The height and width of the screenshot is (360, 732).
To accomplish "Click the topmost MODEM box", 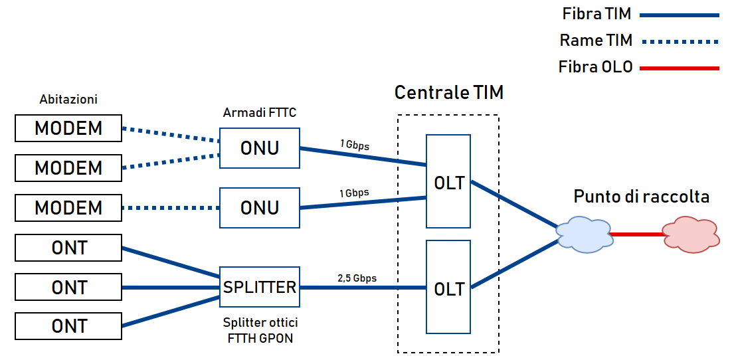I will (x=68, y=128).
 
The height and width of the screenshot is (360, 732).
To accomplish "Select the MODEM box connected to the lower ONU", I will (x=68, y=207).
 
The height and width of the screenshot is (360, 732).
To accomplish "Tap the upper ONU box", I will (x=260, y=148).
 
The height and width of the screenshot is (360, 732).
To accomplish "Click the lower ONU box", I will (x=260, y=207).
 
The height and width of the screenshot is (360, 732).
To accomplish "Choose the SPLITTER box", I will (x=260, y=287).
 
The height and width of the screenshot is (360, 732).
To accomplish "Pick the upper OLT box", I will (x=448, y=181).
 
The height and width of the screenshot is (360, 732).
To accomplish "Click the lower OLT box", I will (x=448, y=288).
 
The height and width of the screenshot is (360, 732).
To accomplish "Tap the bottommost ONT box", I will (x=68, y=326).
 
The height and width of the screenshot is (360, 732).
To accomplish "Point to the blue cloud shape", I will (x=583, y=234).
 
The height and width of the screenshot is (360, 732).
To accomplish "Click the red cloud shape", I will (x=691, y=234).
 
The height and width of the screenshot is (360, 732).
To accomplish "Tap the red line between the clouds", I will (x=636, y=234).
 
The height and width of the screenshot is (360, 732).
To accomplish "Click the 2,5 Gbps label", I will (x=357, y=278).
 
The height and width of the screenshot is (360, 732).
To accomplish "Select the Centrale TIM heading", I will (x=449, y=92).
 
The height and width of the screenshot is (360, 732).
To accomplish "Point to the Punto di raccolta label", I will (x=642, y=197).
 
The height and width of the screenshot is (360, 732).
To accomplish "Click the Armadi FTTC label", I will (x=260, y=113).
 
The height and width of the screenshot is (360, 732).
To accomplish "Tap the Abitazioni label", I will (x=68, y=100).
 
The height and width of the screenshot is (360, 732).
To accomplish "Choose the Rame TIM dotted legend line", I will (x=682, y=41).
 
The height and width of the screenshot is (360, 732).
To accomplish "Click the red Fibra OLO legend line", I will (x=682, y=68).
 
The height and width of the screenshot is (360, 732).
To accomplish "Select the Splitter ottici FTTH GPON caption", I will (x=260, y=329).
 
